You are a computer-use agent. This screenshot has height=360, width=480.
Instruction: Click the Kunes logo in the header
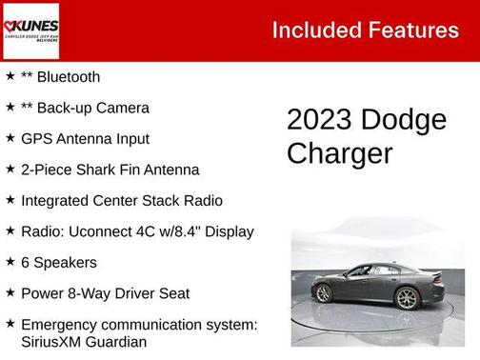click(x=32, y=30)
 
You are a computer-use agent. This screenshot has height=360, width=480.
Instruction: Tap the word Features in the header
click(x=414, y=30)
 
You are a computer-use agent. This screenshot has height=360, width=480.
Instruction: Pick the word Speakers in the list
click(x=65, y=263)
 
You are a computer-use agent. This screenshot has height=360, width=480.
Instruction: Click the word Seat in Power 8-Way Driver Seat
click(x=171, y=293)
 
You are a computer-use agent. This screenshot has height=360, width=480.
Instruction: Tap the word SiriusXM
click(x=56, y=342)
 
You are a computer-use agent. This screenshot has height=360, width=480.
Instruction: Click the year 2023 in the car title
click(x=319, y=120)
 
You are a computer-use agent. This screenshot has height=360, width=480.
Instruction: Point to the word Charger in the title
click(x=339, y=153)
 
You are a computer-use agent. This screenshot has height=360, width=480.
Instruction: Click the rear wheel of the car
click(x=324, y=294)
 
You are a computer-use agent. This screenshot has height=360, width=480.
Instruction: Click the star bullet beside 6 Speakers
click(x=10, y=262)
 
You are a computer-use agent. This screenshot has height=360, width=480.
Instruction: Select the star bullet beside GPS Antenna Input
click(x=10, y=138)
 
